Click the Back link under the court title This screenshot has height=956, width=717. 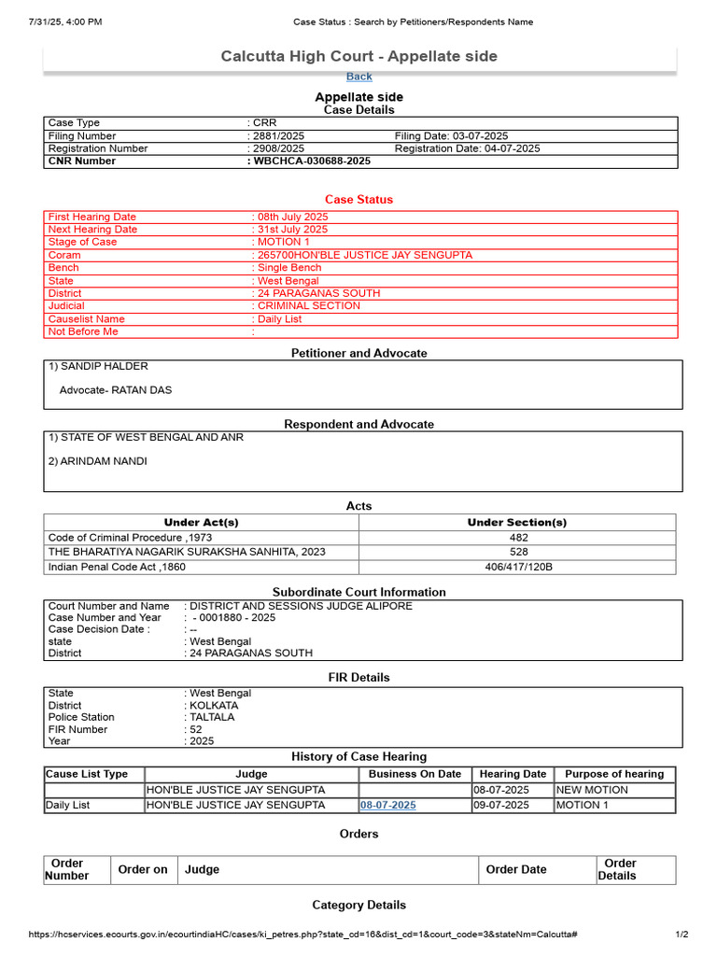(x=358, y=77)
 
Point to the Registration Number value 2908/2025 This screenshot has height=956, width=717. (x=278, y=148)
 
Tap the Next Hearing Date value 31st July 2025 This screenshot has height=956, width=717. (x=292, y=230)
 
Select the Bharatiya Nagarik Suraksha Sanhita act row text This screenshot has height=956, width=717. (x=187, y=552)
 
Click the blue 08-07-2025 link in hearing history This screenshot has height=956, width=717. (x=388, y=805)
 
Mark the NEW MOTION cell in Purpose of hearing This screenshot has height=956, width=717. (x=592, y=790)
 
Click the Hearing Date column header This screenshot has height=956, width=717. (x=513, y=774)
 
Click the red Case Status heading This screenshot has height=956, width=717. (x=358, y=200)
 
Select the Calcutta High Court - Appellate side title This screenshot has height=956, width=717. (x=358, y=57)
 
